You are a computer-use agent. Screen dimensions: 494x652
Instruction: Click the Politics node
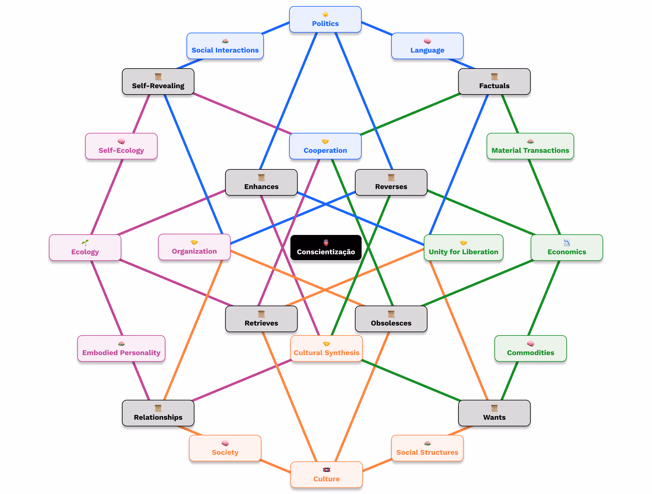325,20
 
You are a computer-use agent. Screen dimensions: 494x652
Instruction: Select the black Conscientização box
326,248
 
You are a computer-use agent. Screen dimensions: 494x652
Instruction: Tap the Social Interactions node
225,46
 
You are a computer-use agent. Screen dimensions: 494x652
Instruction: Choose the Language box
427,46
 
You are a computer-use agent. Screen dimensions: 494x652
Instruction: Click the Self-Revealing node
158,82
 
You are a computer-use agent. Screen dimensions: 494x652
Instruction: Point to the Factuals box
494,82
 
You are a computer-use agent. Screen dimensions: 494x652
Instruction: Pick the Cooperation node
325,146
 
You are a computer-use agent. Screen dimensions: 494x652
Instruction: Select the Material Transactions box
530,146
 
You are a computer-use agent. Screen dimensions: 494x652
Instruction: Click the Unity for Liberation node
463,248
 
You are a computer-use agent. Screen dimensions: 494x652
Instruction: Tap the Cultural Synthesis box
326,349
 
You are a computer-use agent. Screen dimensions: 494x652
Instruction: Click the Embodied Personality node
121,349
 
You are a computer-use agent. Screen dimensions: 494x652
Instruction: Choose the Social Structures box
427,448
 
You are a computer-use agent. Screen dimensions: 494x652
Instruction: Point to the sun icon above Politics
325,14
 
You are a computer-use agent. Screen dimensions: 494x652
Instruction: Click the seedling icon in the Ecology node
85,243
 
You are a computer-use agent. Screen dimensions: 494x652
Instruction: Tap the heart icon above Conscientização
326,242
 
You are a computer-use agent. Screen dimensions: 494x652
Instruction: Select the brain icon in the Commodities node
530,344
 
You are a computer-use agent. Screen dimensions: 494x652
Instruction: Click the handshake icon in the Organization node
194,242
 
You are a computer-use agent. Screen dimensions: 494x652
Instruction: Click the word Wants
494,417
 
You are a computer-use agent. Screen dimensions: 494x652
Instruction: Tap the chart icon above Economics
567,243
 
